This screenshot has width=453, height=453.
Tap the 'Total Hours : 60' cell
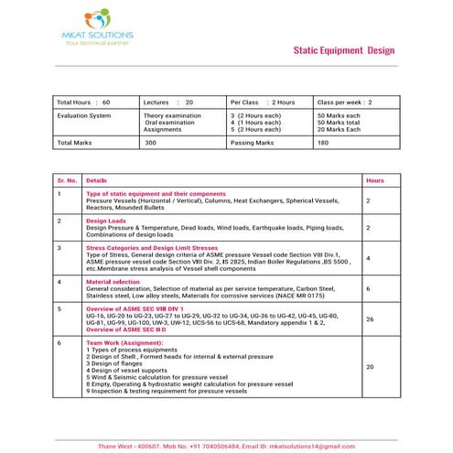[84, 102]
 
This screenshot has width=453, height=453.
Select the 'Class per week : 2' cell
[345, 102]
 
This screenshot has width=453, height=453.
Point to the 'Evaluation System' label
[84, 116]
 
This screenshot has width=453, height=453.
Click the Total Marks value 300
[151, 143]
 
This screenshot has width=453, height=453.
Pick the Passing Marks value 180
[323, 143]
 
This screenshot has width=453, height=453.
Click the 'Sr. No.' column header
[67, 181]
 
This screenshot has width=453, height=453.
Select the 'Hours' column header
[374, 181]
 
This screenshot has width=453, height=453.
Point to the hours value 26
[370, 319]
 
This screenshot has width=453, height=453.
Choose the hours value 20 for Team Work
[370, 367]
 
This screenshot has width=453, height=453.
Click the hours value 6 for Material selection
[368, 288]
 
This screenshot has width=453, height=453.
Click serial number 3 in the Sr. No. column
[59, 247]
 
